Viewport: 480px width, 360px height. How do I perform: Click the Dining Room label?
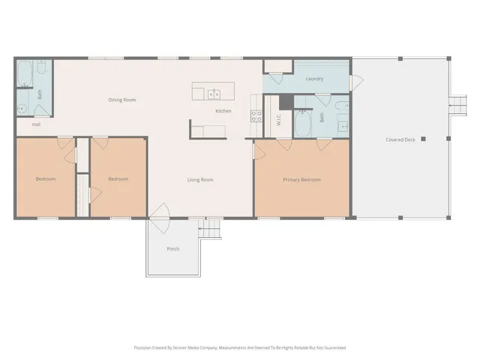(121, 100)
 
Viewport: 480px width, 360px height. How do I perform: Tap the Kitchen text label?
(223, 111)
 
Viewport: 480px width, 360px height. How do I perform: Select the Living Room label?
(200, 179)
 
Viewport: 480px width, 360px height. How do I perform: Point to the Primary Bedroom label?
(301, 179)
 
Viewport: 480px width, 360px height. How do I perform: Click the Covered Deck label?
(400, 139)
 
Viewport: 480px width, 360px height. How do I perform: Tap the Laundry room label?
(314, 79)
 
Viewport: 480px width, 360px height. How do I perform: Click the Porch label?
(172, 249)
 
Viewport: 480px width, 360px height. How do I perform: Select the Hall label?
(36, 124)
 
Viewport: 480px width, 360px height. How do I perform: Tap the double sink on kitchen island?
(214, 94)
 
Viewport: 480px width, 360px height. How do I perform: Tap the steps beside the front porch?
(211, 229)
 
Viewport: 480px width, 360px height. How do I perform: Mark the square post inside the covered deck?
(423, 139)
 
